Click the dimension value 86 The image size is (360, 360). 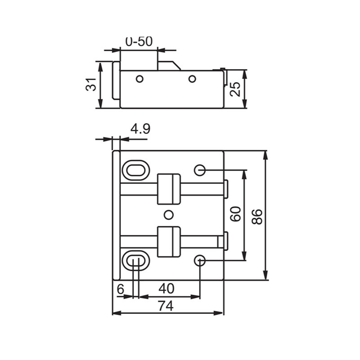point(256,217)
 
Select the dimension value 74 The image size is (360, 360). point(164,305)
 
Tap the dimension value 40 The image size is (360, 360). point(166,289)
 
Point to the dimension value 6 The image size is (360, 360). point(120,289)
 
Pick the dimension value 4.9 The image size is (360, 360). point(140,129)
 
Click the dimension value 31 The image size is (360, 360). point(91,85)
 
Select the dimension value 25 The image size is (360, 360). point(236,88)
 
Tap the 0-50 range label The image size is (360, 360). point(138,42)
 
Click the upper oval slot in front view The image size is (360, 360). point(136,169)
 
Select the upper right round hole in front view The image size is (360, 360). point(200,170)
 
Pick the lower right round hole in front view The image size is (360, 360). point(200,260)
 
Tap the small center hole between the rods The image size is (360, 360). point(168,214)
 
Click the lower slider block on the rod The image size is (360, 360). point(169,241)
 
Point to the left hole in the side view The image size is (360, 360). point(139,79)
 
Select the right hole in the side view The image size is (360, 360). point(192,79)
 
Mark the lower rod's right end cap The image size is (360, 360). point(225,241)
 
